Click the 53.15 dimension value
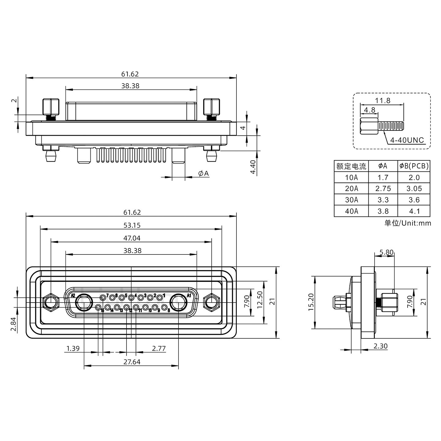(x=132, y=225)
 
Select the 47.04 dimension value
(x=132, y=238)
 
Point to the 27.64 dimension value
(x=132, y=362)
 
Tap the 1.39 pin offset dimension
(x=73, y=349)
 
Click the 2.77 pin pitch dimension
(x=159, y=349)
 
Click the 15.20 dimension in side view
(x=311, y=302)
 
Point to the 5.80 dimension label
(x=386, y=252)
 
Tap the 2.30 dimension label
(x=380, y=346)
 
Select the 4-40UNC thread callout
(x=407, y=141)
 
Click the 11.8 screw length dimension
(x=383, y=100)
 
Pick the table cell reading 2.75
(x=383, y=189)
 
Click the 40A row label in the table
(x=351, y=211)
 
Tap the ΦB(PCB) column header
(x=414, y=166)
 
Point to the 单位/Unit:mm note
(x=408, y=223)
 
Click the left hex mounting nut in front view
(x=51, y=302)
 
